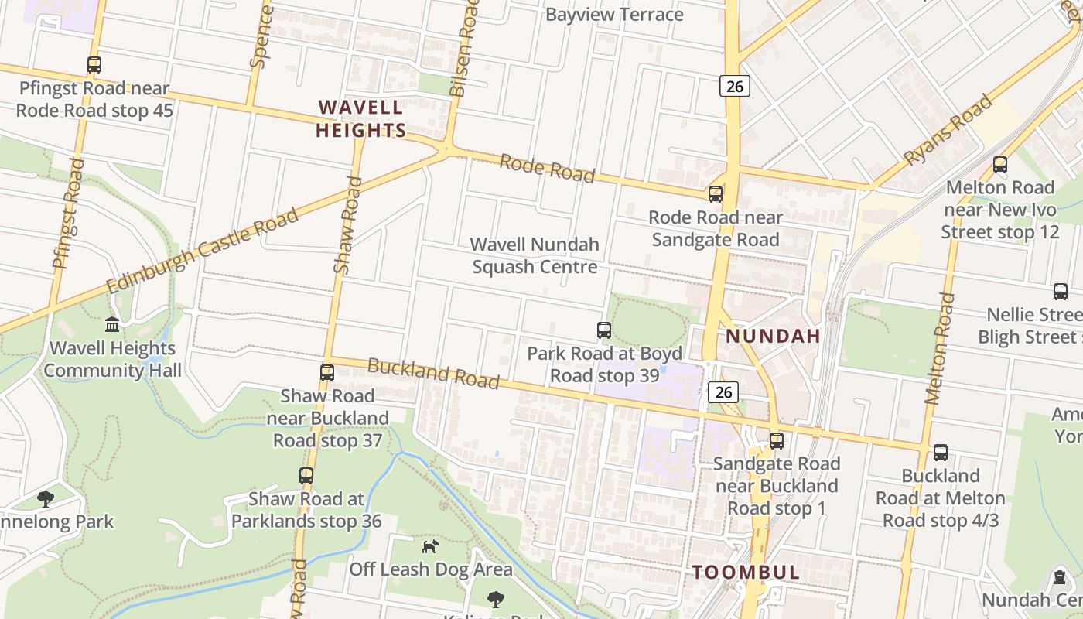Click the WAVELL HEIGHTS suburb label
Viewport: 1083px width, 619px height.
[360, 118]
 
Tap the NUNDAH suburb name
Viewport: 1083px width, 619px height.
[773, 336]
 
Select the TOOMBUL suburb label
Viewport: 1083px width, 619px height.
[746, 573]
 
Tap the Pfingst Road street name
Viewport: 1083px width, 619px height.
[68, 213]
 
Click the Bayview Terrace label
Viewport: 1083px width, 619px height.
[614, 15]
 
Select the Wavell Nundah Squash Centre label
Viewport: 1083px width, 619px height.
[535, 255]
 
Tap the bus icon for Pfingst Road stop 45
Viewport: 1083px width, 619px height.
[94, 65]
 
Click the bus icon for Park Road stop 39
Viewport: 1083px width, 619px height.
[604, 330]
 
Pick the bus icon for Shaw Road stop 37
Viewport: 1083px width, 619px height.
[327, 373]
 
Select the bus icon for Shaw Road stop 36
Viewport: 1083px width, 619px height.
[306, 476]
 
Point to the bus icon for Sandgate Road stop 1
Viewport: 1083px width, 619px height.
[776, 441]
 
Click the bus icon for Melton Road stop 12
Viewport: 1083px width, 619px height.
[1000, 164]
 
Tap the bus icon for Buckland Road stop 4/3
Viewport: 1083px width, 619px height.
[941, 453]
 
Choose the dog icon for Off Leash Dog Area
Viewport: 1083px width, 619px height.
[430, 546]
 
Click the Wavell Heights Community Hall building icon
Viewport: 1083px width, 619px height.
[112, 325]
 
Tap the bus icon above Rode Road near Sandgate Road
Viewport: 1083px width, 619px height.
[716, 194]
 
